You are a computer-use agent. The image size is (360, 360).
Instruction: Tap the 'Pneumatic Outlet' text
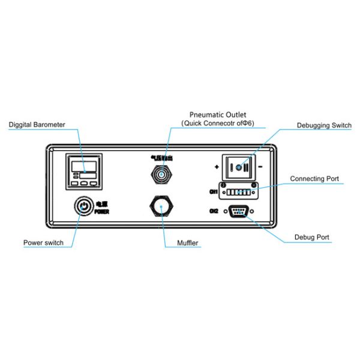(217, 114)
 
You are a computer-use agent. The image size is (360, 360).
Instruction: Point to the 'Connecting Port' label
(314, 179)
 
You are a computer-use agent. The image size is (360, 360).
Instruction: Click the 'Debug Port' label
(311, 238)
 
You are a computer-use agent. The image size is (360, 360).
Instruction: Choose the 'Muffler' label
(188, 243)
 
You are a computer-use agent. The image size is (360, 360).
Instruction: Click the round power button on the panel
(83, 207)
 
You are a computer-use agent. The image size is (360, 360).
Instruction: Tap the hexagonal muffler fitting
(161, 207)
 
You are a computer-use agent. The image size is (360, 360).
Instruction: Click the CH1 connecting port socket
(238, 193)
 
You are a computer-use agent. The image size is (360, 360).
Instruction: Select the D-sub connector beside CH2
(238, 211)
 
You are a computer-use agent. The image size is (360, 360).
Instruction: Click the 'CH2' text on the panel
(213, 211)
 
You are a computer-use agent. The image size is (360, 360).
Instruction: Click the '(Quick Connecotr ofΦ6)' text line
(217, 123)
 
